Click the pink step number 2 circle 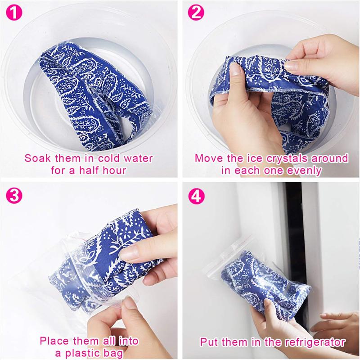(x=196, y=13)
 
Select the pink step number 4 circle (x=197, y=197)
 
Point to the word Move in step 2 (x=210, y=158)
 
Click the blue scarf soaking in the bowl (x=85, y=90)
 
